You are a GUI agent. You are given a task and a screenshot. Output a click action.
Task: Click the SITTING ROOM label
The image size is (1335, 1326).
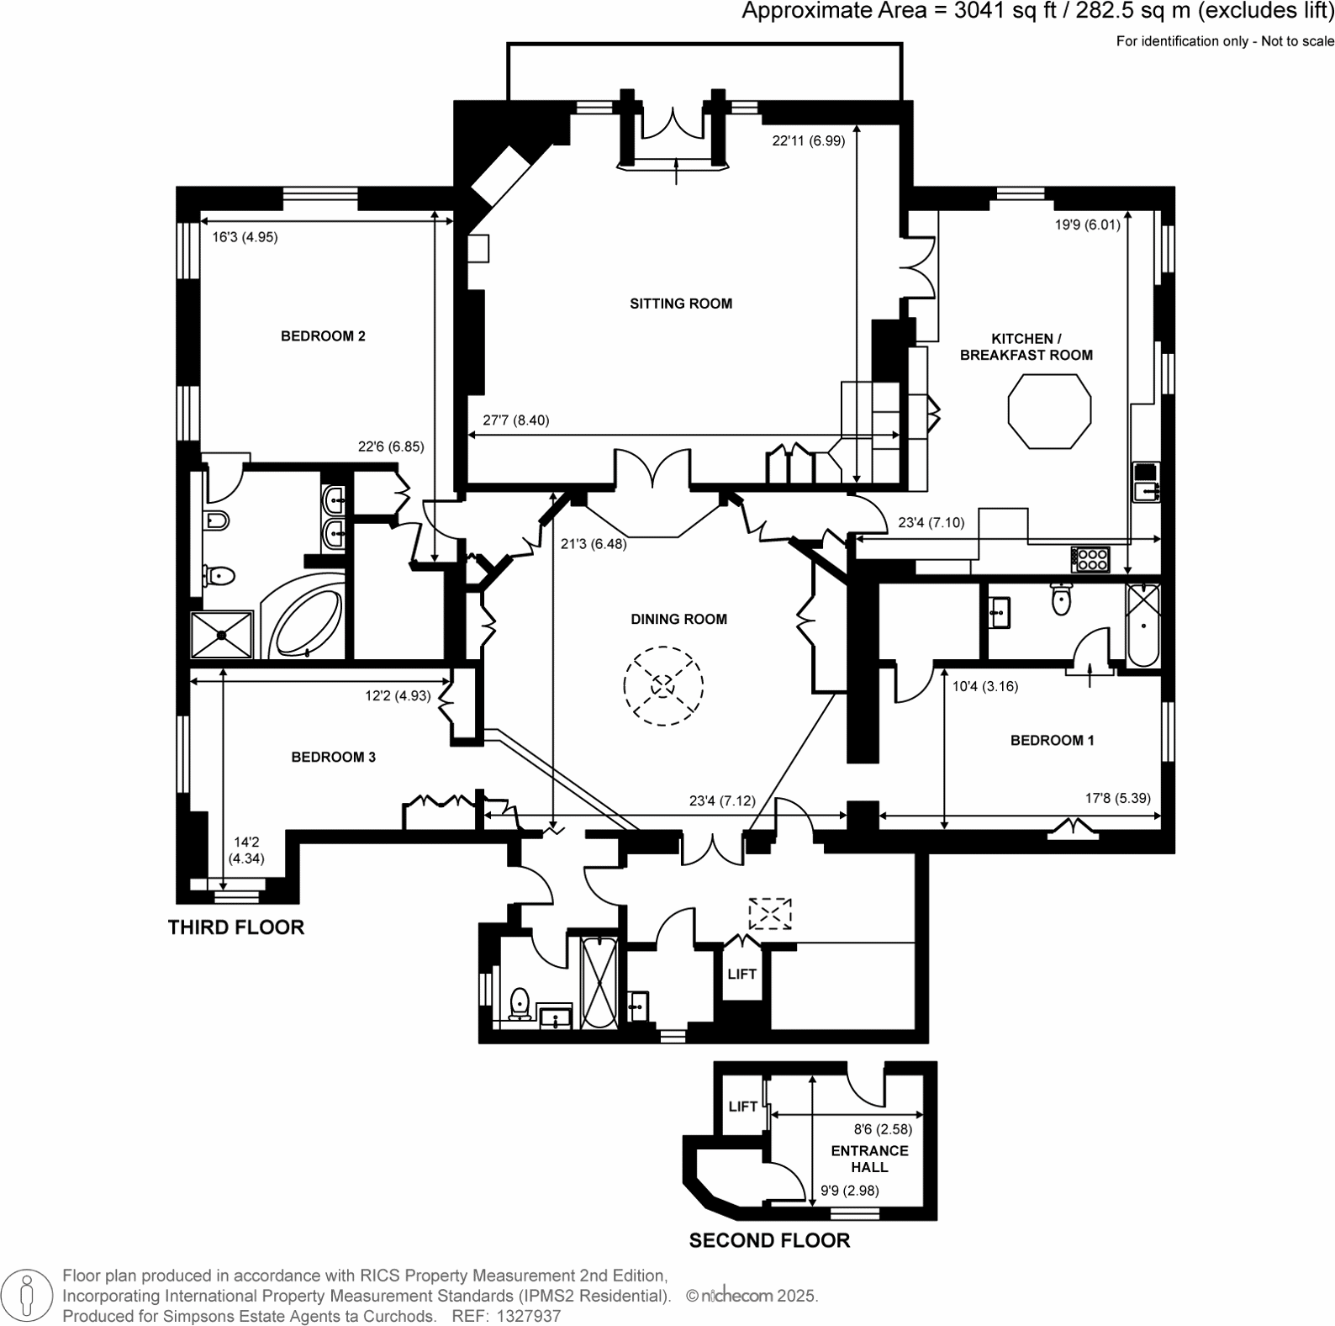681,304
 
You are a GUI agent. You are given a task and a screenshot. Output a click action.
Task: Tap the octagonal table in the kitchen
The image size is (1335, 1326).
1049,411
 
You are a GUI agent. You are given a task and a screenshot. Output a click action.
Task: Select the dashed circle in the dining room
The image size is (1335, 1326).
663,685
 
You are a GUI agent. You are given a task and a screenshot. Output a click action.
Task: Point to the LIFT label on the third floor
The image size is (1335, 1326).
741,974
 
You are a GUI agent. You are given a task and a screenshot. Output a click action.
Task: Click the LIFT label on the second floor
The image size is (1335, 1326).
742,1107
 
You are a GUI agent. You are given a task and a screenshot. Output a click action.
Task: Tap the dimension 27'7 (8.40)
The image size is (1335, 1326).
516,420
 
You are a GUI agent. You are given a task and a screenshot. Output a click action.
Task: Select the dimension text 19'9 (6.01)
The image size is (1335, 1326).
1088,225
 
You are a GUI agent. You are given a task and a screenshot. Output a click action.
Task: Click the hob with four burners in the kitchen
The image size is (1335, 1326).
1090,559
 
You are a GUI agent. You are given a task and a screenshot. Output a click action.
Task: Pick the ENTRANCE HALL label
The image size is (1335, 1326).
869,1159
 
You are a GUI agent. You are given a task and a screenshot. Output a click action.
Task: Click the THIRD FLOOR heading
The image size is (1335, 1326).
235,927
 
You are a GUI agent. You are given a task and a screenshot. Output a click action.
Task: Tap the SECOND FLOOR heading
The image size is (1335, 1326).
769,1240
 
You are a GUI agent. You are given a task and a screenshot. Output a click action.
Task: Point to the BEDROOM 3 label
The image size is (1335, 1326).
333,757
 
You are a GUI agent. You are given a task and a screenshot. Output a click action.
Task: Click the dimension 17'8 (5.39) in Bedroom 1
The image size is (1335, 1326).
1117,798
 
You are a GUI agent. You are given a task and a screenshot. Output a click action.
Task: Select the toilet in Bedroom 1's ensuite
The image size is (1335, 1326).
1062,599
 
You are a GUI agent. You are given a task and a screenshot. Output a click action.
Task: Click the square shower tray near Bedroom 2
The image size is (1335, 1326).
222,634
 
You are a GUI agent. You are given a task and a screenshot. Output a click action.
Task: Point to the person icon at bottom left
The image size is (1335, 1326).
28,1296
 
